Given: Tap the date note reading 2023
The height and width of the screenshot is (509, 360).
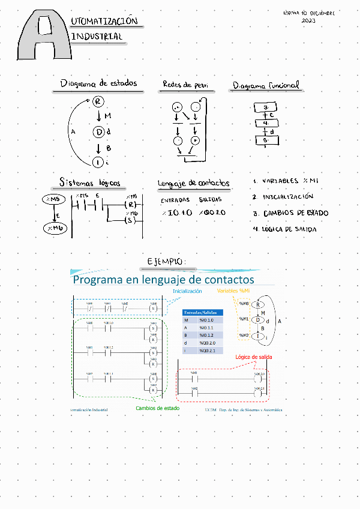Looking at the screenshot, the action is [x=308, y=20].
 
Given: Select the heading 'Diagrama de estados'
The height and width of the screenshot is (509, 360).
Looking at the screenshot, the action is [x=98, y=83].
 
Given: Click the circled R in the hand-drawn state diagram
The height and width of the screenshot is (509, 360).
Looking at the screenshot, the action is [x=98, y=101].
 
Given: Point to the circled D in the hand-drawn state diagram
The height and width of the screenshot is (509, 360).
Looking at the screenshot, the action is [x=98, y=132].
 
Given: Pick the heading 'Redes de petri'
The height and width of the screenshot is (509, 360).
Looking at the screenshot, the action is [x=185, y=85].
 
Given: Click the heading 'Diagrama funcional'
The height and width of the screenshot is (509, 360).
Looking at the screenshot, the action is [x=266, y=86].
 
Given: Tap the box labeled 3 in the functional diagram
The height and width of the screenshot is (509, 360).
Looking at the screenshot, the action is [x=265, y=107].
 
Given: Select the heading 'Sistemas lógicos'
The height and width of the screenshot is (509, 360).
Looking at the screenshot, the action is [x=89, y=182].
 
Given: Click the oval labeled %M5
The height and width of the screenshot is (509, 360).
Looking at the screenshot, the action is [x=55, y=199].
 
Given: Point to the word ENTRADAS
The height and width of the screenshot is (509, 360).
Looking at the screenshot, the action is [x=175, y=199].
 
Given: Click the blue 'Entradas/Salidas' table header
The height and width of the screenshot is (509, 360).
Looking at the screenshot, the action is [x=202, y=313].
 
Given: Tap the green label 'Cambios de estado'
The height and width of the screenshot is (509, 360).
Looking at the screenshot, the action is [x=157, y=408].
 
